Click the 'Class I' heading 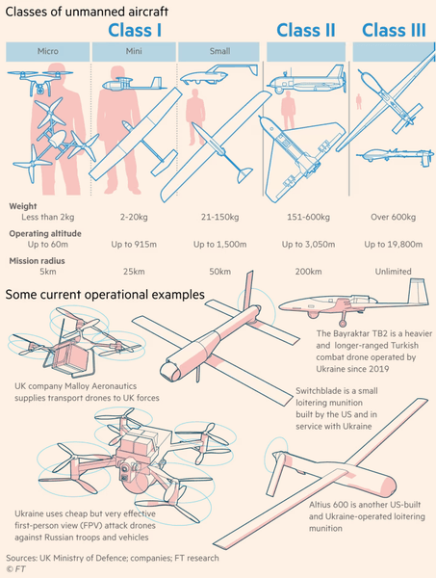(x=135, y=30)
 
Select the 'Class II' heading (x=306, y=30)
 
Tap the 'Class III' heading (x=394, y=30)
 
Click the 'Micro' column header (x=48, y=51)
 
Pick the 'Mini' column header (x=134, y=51)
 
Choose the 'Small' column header (x=219, y=51)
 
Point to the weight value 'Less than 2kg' (x=48, y=217)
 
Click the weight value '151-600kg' (x=308, y=217)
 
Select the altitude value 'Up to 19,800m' (x=394, y=245)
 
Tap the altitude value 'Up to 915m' (x=134, y=245)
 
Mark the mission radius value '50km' (x=219, y=272)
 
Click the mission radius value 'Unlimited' (x=393, y=272)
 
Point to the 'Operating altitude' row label (x=45, y=234)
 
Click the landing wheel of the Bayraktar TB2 (x=343, y=324)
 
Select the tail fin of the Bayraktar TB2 (x=419, y=291)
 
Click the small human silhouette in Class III (x=359, y=101)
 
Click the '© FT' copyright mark (x=15, y=569)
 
